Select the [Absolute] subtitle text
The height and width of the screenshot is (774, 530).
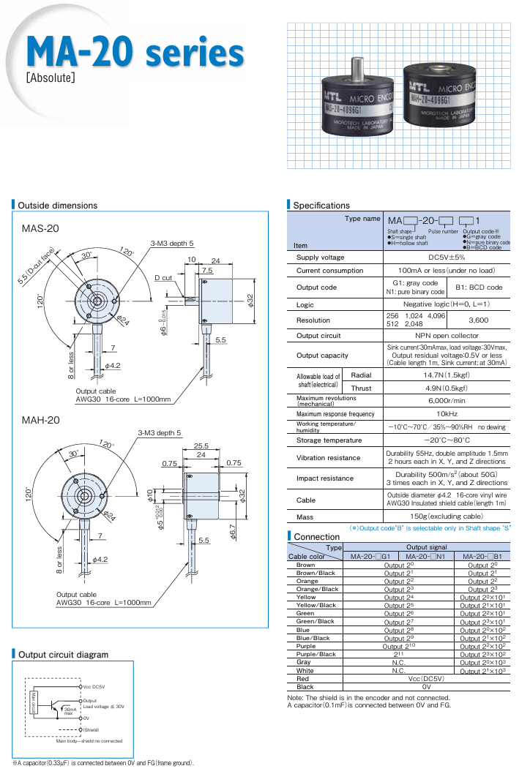(x=51, y=77)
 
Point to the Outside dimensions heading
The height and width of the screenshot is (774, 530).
(x=57, y=206)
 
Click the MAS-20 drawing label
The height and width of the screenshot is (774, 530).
(x=40, y=229)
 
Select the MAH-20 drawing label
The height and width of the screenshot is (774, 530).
(x=41, y=420)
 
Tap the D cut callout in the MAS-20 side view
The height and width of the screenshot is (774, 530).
(x=163, y=278)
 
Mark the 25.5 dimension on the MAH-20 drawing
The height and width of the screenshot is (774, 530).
(x=201, y=446)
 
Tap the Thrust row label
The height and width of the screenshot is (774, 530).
(x=362, y=388)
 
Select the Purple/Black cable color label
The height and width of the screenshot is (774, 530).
(x=316, y=654)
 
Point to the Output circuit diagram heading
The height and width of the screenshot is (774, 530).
(x=63, y=655)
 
